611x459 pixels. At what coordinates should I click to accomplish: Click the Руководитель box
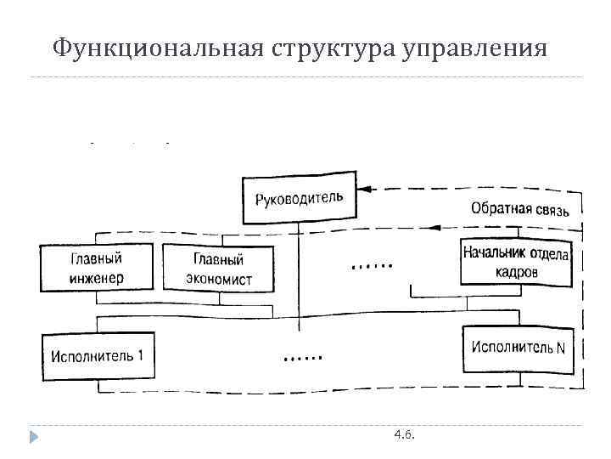coord(299,200)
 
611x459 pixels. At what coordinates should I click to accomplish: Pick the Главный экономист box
coord(218,269)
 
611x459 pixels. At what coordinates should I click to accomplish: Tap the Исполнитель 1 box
coord(98,357)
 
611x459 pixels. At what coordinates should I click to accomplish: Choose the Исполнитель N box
coord(518,348)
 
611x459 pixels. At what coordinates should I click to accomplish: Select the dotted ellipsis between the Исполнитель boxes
coord(303,358)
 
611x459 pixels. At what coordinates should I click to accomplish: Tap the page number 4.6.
coord(405,435)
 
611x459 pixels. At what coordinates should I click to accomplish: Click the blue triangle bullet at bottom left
coord(34,437)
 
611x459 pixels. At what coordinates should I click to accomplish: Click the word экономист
coord(219,279)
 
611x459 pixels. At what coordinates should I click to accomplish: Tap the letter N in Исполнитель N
coord(560,348)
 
